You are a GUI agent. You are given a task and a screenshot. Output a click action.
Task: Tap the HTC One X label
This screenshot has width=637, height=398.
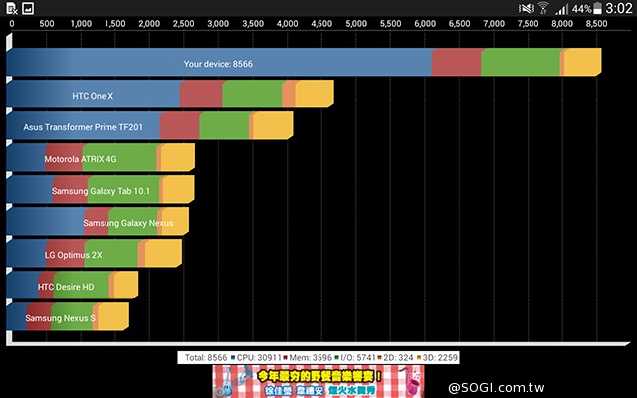93,96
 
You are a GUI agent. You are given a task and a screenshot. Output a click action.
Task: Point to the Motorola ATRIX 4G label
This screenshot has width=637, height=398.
80,159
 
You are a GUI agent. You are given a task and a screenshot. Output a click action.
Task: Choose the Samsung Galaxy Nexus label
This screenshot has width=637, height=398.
127,223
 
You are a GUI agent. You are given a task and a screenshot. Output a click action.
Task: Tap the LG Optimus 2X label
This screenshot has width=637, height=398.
73,255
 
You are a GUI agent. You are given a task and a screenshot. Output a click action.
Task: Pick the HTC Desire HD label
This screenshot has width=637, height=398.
66,287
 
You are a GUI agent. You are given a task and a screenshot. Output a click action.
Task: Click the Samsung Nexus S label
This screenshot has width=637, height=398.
60,318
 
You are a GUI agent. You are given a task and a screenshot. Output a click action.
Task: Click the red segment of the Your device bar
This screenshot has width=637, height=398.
456,62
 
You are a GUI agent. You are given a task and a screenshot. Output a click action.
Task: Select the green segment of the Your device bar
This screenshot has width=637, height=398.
520,62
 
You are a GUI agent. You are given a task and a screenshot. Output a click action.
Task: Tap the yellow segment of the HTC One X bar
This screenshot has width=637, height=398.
315,95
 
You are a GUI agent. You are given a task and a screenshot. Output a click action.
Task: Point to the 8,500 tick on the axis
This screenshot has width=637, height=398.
595,22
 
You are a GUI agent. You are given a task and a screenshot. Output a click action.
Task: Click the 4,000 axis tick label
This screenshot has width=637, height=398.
286,22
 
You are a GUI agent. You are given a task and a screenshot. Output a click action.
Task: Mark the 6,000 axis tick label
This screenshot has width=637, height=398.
424,22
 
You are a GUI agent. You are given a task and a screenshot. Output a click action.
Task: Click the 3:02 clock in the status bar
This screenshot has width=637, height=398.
617,8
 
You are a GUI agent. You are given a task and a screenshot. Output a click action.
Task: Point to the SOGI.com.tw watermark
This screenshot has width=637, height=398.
587,386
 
